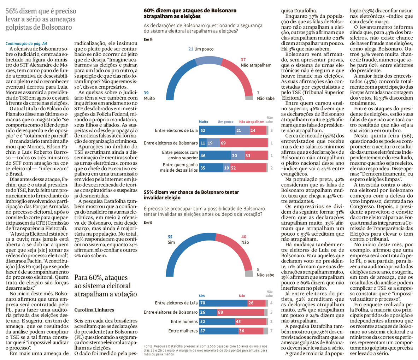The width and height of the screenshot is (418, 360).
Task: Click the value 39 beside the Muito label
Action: [146, 93]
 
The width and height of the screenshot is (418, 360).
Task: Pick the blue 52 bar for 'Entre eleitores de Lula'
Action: [217, 130]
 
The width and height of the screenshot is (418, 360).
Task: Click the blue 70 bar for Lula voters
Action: [223, 303]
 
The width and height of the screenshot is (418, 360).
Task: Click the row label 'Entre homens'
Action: [184, 321]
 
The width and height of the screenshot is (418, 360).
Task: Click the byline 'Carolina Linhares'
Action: [94, 310]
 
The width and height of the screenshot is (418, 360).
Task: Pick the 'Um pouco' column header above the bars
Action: [225, 122]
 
